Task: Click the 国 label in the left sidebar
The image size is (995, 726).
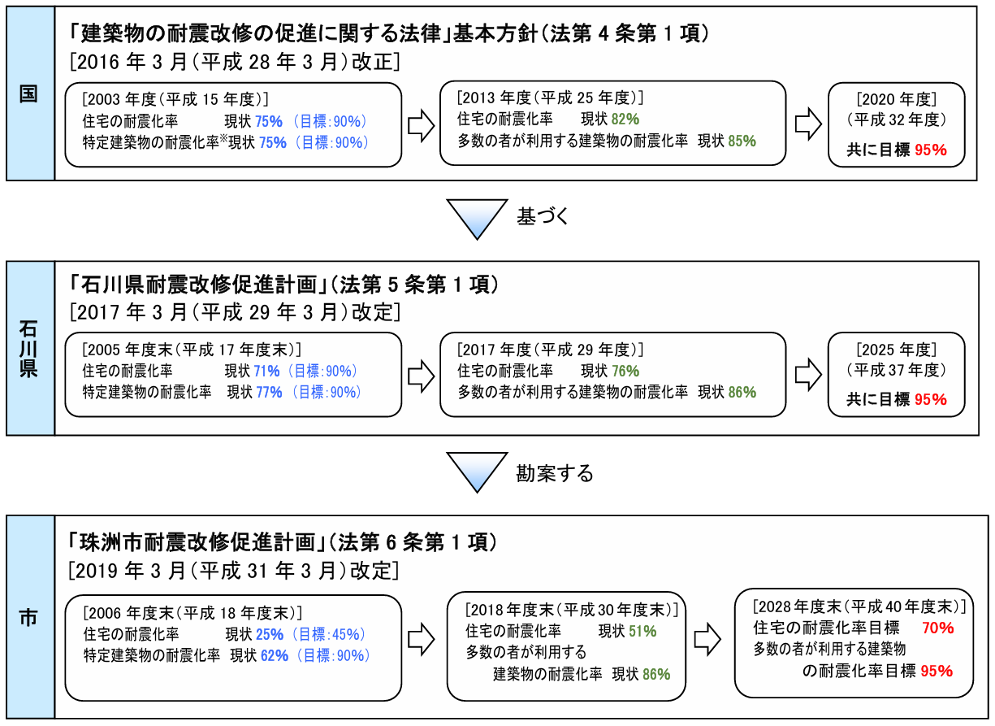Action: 29,93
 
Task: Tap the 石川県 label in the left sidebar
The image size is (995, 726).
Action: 29,348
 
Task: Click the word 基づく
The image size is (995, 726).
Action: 543,216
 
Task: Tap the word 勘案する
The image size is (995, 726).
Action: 555,472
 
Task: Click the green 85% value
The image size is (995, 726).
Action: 742,141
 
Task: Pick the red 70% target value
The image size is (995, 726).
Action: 938,628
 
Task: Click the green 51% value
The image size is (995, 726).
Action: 642,631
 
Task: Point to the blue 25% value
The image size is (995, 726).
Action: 270,634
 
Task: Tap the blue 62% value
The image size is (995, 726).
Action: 275,655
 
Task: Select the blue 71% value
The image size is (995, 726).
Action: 266,371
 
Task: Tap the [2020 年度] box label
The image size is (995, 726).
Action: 896,99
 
